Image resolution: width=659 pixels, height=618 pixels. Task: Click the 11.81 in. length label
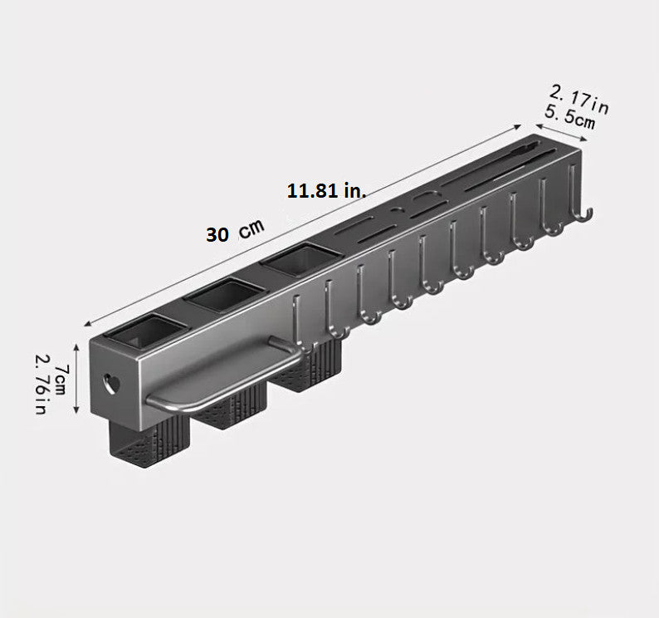pos(326,191)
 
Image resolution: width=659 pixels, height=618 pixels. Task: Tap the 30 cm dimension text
pos(236,231)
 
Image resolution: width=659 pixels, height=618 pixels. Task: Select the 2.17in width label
pos(579,100)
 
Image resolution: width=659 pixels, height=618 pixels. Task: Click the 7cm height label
pos(61,380)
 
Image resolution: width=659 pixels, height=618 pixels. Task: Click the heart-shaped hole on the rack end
pos(111,383)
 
